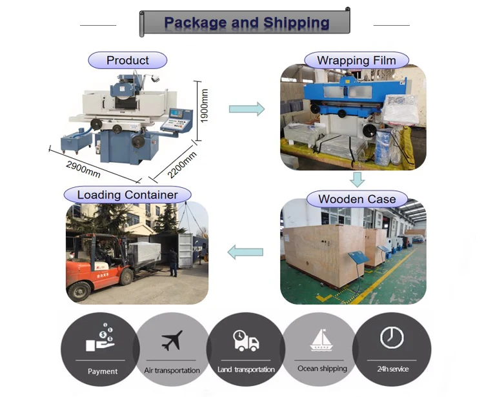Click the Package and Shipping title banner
click(x=245, y=23)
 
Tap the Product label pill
click(x=128, y=61)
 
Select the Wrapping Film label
click(x=356, y=61)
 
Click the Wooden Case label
click(x=356, y=198)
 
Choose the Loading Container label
click(x=127, y=194)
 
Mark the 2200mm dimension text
click(x=181, y=167)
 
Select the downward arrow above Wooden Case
click(x=357, y=179)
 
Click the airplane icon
click(x=172, y=340)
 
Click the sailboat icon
click(x=321, y=340)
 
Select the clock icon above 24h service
click(x=392, y=337)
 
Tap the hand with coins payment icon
click(x=103, y=338)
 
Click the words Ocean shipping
click(x=322, y=369)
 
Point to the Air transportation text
click(x=172, y=371)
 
